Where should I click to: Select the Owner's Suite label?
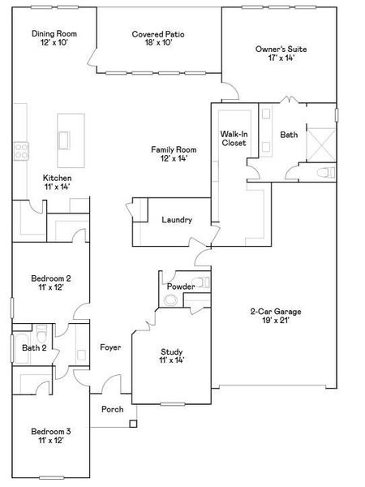click(x=281, y=49)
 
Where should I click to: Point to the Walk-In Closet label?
click(x=234, y=138)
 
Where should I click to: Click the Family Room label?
click(x=174, y=150)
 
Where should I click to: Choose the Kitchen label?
click(x=57, y=178)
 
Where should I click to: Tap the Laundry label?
click(x=177, y=220)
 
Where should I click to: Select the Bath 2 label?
click(x=34, y=347)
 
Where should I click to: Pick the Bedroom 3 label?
click(x=51, y=431)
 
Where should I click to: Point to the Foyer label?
click(x=110, y=347)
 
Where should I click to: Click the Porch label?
click(x=112, y=409)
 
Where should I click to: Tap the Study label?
click(x=171, y=351)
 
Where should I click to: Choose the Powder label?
click(x=180, y=287)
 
